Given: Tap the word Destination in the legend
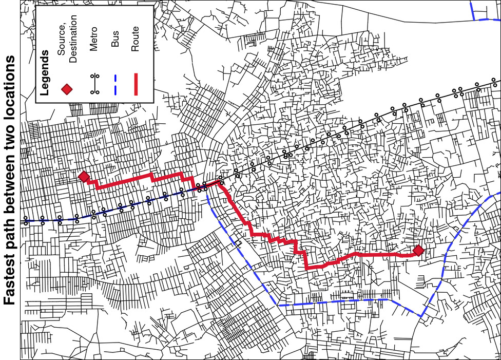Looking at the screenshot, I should [73, 39].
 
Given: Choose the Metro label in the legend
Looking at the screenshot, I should [93, 41].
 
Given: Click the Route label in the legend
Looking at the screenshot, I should [136, 39].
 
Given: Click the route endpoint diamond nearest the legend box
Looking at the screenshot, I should [84, 177].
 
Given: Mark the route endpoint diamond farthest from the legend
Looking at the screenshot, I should [418, 251].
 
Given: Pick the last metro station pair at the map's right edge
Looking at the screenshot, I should [494, 82].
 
